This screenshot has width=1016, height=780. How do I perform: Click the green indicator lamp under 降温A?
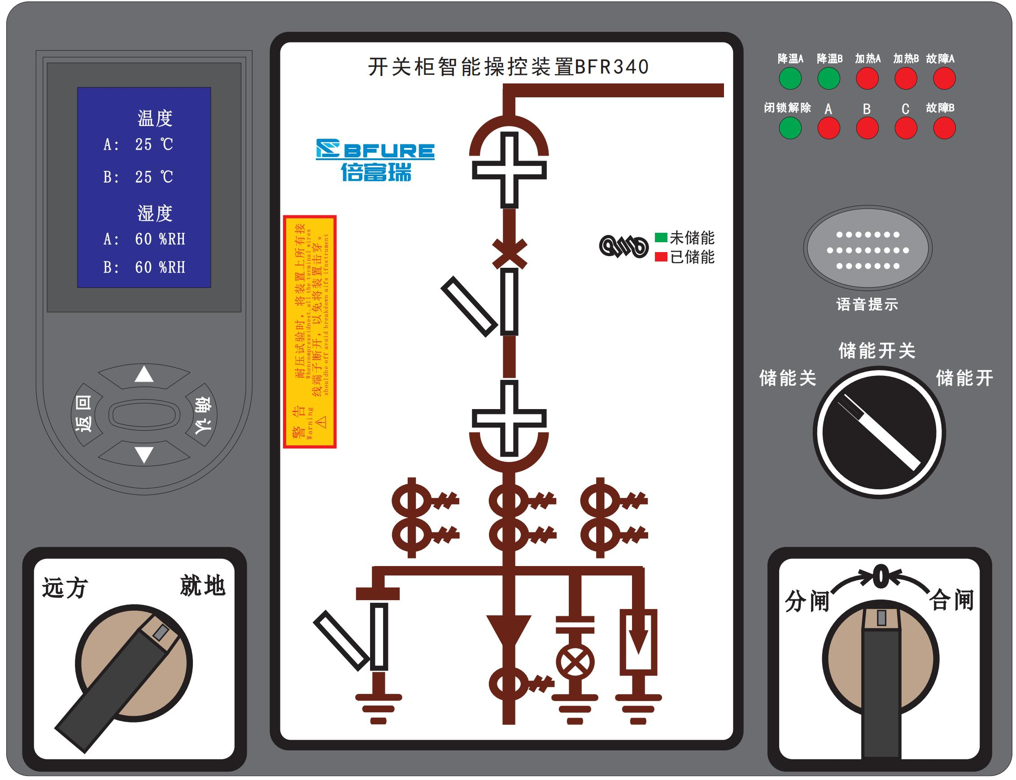(x=790, y=78)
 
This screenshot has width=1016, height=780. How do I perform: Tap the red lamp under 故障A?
(x=944, y=78)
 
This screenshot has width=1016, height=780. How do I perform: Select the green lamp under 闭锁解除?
(x=790, y=128)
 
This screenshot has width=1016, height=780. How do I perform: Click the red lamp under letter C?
(x=906, y=128)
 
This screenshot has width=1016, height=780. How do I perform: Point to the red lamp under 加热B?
(x=906, y=78)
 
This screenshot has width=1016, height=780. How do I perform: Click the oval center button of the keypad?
(x=144, y=414)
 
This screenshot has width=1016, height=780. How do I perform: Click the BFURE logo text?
(x=375, y=150)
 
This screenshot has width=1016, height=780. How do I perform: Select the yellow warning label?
(x=310, y=332)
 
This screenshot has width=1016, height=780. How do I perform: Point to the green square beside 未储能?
(x=661, y=237)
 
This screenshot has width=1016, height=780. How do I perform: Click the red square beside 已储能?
(x=661, y=257)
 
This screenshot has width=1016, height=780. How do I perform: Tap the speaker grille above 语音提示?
(x=868, y=250)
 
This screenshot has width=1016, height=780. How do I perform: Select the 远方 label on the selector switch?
(x=65, y=588)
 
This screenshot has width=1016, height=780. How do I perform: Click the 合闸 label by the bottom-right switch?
(x=951, y=600)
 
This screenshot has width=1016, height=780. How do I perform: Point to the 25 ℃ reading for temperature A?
(x=154, y=144)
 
